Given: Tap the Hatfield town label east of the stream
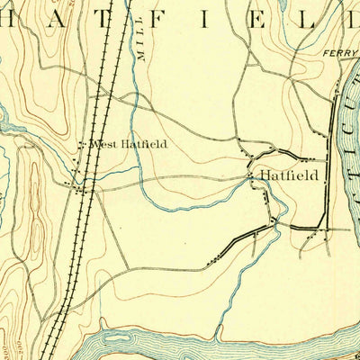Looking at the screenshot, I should [288, 175].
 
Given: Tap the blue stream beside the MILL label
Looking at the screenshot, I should [132, 90].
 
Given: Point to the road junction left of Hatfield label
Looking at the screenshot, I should [251, 176].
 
